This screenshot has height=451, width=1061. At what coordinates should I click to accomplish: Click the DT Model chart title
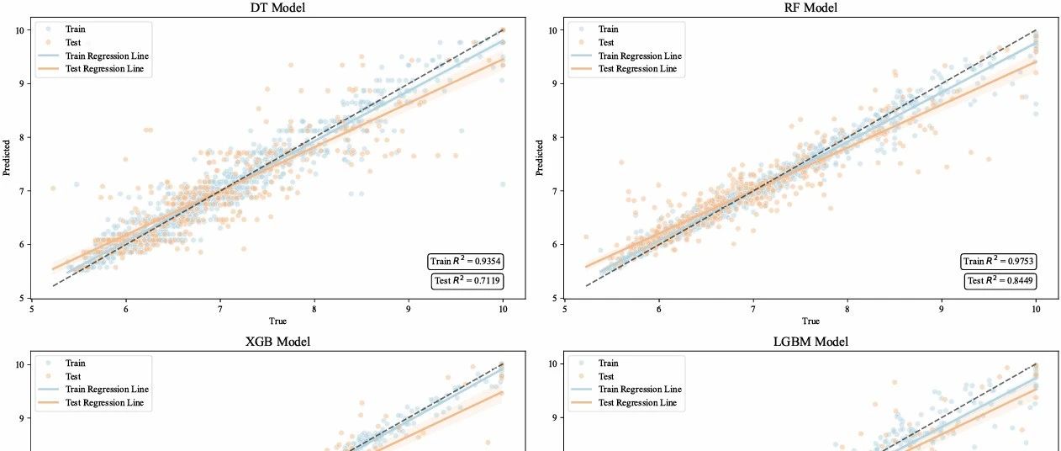(x=277, y=8)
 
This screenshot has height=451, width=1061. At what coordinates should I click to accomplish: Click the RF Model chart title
(x=810, y=8)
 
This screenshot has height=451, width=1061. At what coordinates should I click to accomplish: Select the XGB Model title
(x=277, y=342)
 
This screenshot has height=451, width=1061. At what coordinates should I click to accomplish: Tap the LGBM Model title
(x=810, y=342)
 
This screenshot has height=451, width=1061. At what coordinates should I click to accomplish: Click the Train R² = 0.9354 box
(x=467, y=261)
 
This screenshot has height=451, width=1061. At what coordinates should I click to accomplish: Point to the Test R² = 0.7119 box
(x=468, y=281)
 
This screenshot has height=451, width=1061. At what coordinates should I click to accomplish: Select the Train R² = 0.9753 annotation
(x=1000, y=261)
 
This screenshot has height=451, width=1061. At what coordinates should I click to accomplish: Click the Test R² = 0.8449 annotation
(x=1001, y=281)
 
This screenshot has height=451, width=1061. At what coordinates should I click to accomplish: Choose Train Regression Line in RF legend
(x=640, y=56)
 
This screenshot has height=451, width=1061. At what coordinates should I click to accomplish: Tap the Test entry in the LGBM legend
(x=606, y=376)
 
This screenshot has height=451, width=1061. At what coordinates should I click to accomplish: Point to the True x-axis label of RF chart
(x=810, y=321)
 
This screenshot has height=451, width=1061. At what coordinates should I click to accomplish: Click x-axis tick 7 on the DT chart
(x=220, y=309)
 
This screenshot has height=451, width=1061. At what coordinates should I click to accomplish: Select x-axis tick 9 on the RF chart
(x=942, y=309)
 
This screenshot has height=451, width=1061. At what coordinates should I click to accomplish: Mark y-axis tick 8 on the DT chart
(x=20, y=137)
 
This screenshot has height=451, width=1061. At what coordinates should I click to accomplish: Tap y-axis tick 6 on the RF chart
(x=553, y=245)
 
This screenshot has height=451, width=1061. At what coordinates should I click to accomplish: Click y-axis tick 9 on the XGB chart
(x=20, y=417)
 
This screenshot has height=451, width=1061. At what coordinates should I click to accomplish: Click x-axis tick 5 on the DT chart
(x=32, y=309)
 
